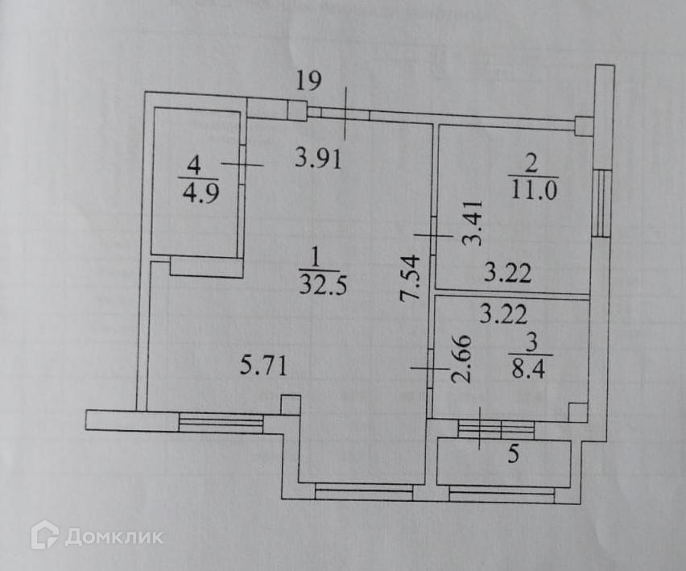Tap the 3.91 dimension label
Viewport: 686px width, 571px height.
pos(318,158)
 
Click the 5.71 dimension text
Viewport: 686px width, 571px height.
pos(264,367)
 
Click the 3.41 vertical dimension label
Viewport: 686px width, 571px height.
pos(474,223)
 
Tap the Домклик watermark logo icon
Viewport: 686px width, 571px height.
pos(44,535)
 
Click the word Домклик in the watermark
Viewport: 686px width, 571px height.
pos(114,536)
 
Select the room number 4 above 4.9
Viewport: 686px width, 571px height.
pos(192,166)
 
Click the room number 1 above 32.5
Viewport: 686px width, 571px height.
pos(315,258)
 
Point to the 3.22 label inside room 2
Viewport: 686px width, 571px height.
pos(507,274)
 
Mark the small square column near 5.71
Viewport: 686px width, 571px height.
pos(290,404)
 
